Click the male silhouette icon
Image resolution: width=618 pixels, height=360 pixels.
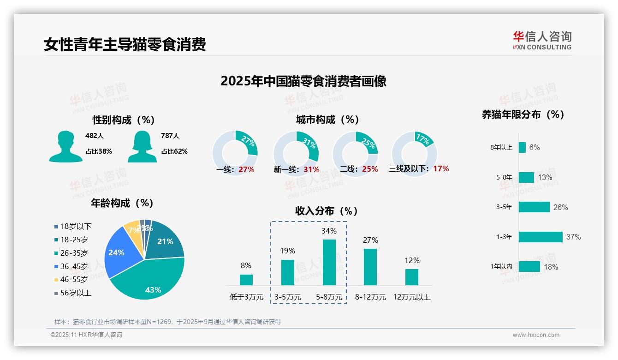65,146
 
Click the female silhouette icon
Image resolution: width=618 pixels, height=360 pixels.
142,146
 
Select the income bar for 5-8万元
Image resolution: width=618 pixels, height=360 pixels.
329,262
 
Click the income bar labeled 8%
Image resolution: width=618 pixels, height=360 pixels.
246,280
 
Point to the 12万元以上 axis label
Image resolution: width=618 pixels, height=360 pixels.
411,297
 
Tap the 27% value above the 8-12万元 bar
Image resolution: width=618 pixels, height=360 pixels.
370,240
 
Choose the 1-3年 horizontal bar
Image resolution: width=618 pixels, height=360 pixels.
540,237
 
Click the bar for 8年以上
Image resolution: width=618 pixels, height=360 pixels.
522,147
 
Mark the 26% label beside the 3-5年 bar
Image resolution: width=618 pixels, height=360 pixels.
560,207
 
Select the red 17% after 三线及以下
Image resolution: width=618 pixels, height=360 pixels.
441,168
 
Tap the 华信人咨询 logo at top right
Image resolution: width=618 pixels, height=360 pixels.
542,40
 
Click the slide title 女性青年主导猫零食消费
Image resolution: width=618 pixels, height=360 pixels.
125,44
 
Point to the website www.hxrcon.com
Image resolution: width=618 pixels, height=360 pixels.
536,335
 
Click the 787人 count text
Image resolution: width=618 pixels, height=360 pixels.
170,136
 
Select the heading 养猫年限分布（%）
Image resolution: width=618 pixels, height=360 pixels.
523,114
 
